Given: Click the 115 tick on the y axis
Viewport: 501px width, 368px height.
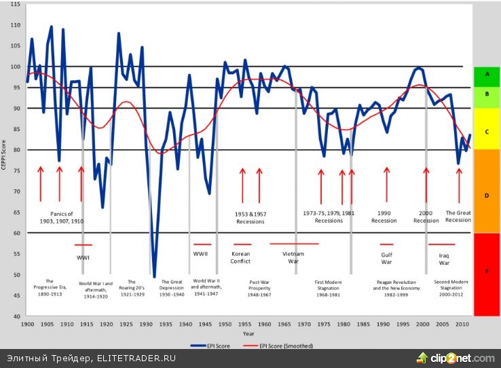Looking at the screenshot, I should tap(15, 5).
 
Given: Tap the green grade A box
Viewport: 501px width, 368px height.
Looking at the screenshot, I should tap(486, 73).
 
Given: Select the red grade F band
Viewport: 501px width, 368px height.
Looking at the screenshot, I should tap(486, 274).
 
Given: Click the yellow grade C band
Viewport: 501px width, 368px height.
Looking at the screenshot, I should tap(486, 129).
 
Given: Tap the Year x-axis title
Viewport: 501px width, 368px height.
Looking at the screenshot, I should tap(248, 333).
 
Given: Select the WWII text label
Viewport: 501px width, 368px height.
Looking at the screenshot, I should tap(201, 254).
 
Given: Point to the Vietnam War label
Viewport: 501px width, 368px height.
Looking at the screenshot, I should tap(293, 257).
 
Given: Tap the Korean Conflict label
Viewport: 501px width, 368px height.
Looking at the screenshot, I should tap(240, 257).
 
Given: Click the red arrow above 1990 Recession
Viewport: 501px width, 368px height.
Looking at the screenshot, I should tap(386, 184).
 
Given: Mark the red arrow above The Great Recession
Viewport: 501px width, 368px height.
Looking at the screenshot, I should tap(459, 184).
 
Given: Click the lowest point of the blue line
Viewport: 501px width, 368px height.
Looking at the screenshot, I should tap(154, 276).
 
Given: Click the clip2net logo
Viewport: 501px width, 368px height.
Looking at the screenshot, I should tap(456, 358).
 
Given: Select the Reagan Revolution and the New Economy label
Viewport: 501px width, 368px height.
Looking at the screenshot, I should tap(396, 284).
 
